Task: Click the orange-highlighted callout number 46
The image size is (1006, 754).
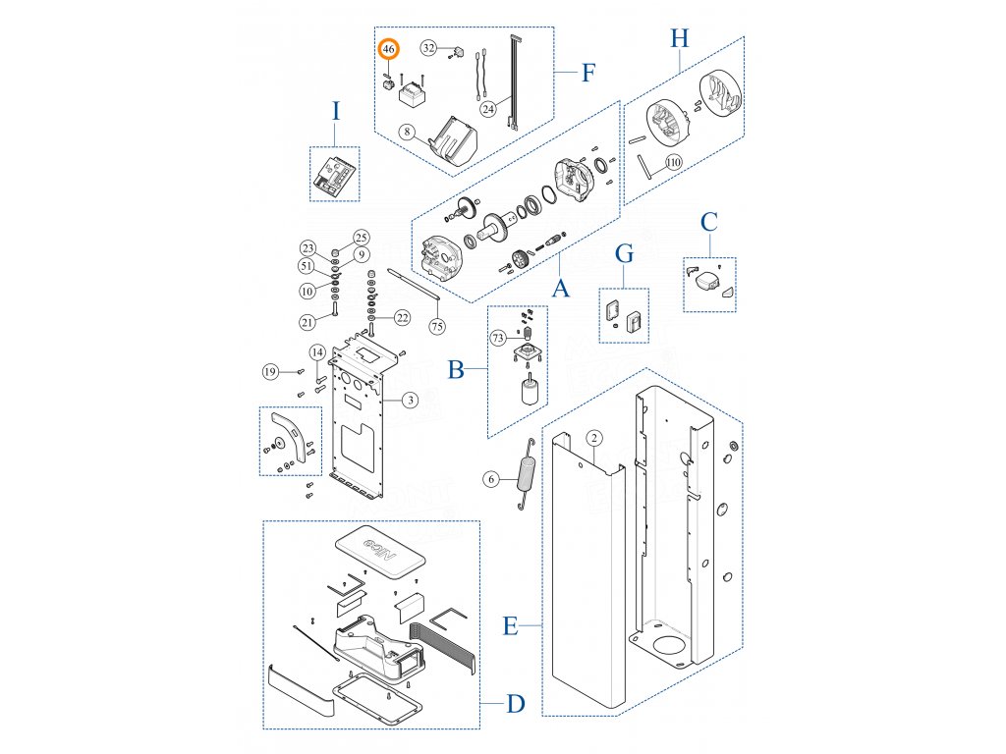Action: [389, 48]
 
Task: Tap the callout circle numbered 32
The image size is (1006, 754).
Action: [429, 47]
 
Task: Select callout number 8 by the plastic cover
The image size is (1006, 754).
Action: [407, 130]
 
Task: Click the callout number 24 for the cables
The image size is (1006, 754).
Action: [488, 109]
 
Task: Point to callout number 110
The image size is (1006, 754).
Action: [673, 162]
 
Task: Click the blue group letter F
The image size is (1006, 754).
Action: [588, 72]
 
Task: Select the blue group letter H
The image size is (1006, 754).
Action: [680, 39]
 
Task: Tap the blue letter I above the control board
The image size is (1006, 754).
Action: [335, 111]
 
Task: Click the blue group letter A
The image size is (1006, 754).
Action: [560, 289]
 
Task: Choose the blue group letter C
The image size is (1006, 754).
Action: [708, 222]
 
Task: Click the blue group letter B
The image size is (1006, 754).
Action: [455, 370]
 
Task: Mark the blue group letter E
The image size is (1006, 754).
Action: [510, 625]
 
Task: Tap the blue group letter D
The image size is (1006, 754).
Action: [516, 704]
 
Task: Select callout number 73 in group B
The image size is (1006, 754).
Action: [498, 337]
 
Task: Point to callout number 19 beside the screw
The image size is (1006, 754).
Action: [270, 370]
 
